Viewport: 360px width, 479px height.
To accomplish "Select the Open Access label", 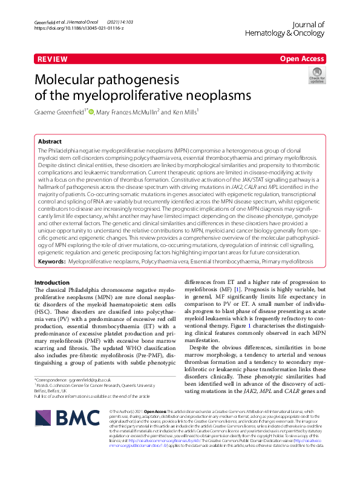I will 302,59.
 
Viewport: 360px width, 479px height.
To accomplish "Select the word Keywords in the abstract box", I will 53,261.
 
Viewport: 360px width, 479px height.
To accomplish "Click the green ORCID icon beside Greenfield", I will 91,111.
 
